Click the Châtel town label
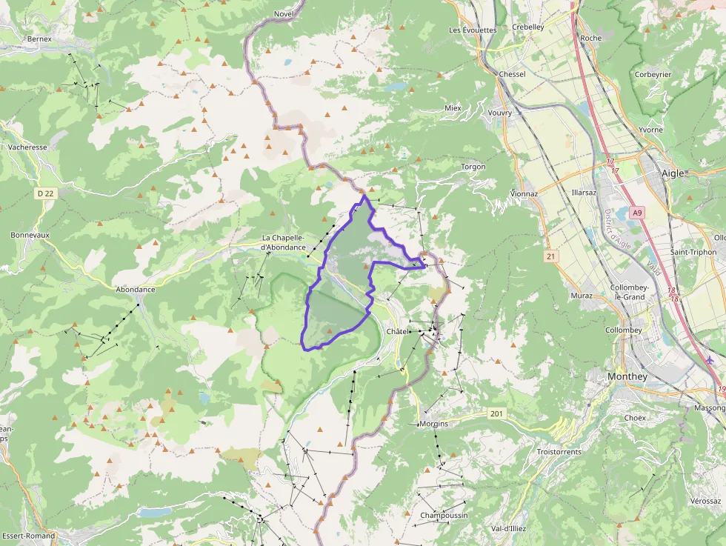(x=397, y=331)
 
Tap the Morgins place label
(x=433, y=424)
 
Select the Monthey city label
(x=627, y=376)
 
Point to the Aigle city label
(x=673, y=173)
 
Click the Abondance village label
(x=136, y=290)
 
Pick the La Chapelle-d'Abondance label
(x=283, y=242)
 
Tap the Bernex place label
(x=39, y=39)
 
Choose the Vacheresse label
(x=27, y=147)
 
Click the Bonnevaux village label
(x=30, y=235)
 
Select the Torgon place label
(x=473, y=167)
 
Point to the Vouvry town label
(x=500, y=113)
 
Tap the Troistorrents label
(x=559, y=451)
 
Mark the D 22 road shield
(x=46, y=193)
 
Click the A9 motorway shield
(x=636, y=213)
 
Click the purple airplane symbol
(x=711, y=360)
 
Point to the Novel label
(x=284, y=13)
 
